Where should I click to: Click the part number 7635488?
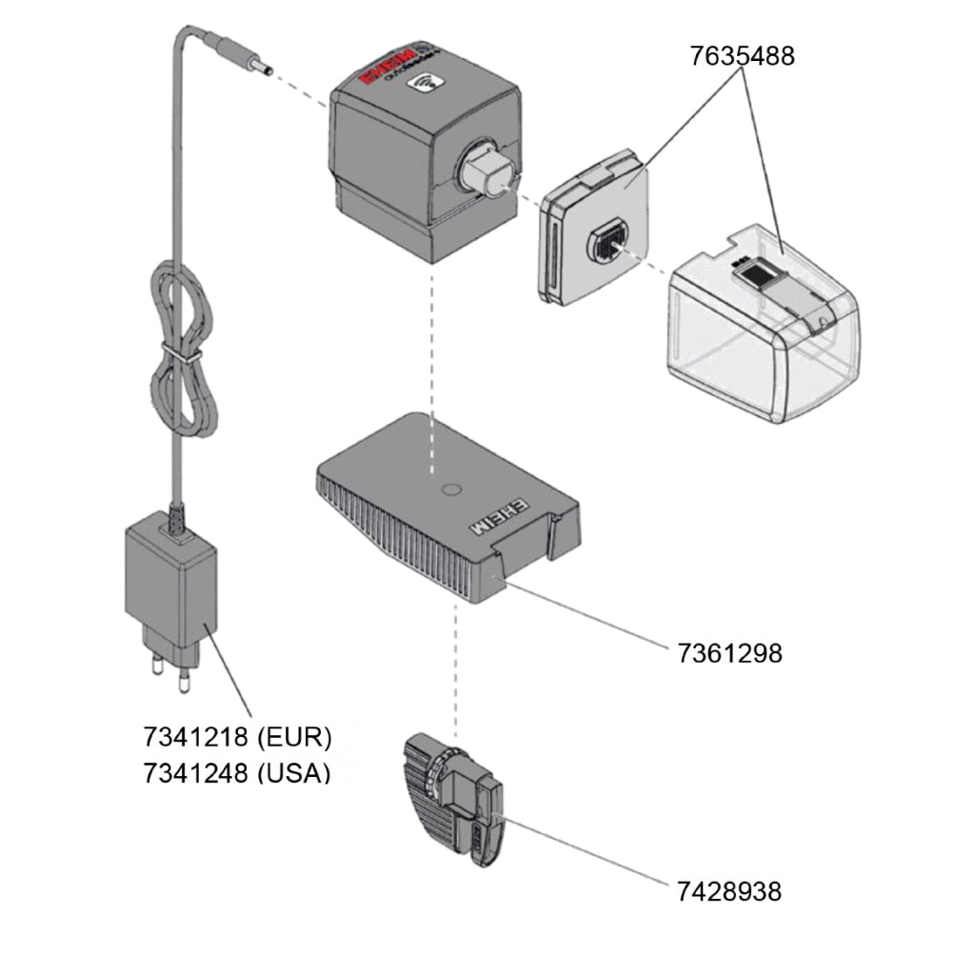click(x=742, y=56)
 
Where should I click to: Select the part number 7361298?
click(x=729, y=654)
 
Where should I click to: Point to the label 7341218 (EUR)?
click(x=237, y=738)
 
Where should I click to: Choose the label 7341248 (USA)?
click(x=237, y=772)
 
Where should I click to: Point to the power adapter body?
click(x=170, y=581)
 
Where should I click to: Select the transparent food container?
click(x=762, y=333)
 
